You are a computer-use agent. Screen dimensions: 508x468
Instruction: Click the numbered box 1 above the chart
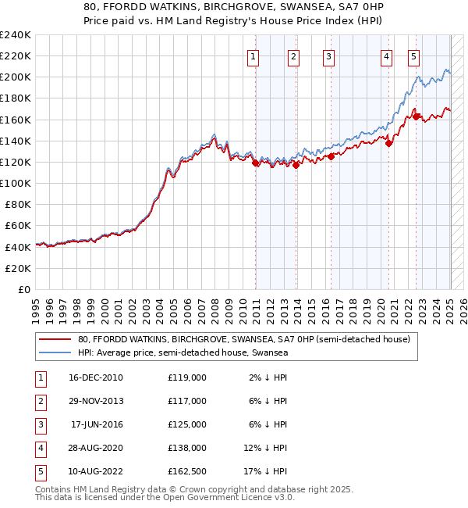pos(254,55)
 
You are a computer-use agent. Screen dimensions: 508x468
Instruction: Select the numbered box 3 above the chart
pos(329,55)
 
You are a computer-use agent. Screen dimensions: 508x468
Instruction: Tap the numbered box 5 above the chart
pos(413,55)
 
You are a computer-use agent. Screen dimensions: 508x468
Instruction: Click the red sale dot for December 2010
pos(255,163)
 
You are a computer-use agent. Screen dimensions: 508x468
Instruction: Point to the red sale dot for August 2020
pos(389,142)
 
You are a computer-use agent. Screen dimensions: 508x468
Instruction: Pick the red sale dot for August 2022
pos(416,116)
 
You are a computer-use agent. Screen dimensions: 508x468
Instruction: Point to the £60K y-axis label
pos(18,225)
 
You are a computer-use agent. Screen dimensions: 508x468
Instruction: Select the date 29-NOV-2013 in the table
pos(97,401)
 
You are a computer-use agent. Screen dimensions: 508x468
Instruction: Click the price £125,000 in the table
pos(187,424)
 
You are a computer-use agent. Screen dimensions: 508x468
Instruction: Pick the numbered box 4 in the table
pos(40,448)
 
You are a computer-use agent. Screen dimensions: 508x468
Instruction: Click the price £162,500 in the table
pos(187,471)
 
